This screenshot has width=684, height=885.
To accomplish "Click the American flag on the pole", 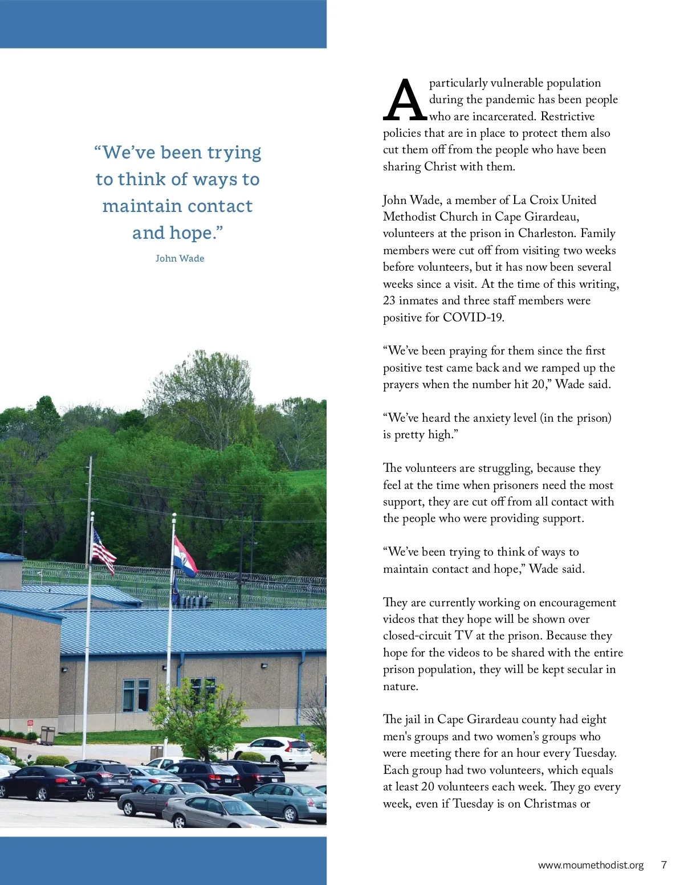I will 103,551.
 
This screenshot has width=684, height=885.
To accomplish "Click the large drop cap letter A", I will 405,101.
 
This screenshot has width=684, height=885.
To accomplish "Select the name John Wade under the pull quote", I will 180,258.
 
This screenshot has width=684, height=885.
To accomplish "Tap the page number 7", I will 663,864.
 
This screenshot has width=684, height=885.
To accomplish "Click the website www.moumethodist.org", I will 591,865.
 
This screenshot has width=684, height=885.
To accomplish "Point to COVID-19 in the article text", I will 473,317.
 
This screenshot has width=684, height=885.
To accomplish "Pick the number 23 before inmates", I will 389,300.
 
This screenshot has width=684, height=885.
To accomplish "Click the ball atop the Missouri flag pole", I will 174,515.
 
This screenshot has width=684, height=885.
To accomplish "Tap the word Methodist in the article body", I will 410,217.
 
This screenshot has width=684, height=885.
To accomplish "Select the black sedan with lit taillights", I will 41,782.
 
